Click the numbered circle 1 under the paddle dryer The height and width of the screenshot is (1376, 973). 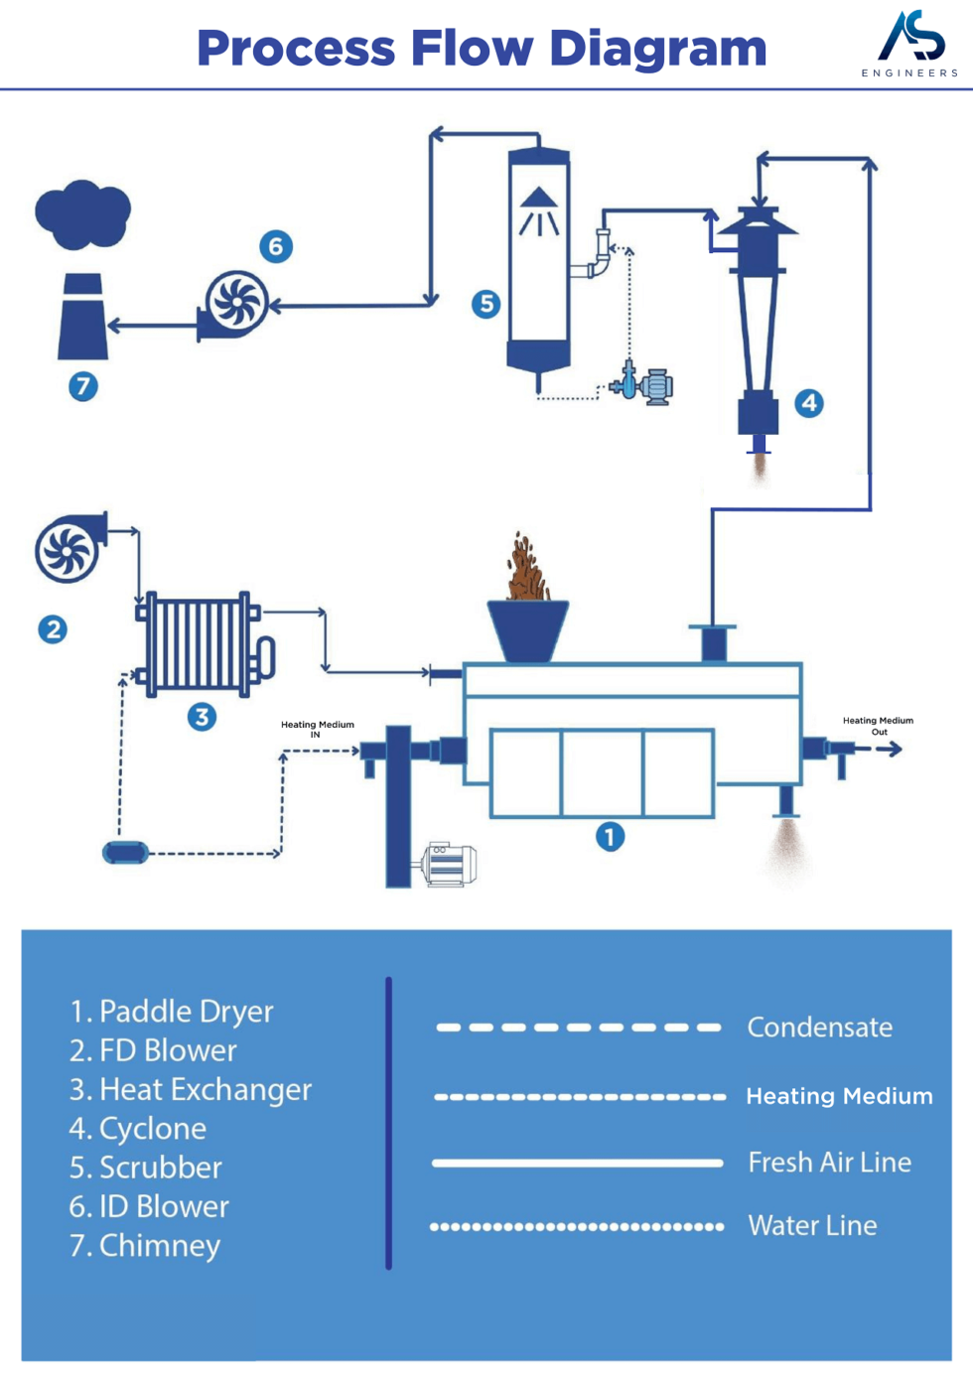coord(610,837)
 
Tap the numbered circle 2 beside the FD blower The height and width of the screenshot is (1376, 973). coord(53,628)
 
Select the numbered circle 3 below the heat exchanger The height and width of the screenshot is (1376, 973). coord(202,717)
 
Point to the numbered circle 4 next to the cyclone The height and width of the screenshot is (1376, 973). coord(809,403)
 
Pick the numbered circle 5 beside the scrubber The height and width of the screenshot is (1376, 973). coord(486,304)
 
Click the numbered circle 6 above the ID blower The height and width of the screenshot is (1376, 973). coord(276,246)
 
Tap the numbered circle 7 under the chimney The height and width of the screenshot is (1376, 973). coord(82,386)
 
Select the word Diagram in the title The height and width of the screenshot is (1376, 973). coord(657,49)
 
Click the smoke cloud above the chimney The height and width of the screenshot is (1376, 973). coord(82,213)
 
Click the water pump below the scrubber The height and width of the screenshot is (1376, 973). coord(643,385)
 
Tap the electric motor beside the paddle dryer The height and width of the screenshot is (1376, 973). coord(449,864)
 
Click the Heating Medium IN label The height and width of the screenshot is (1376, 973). coord(317,729)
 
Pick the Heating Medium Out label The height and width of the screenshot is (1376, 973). coord(878,726)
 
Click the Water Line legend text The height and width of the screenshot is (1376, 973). coord(812,1226)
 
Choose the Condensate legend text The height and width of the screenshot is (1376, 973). coord(819,1028)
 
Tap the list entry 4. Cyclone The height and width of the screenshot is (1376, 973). coord(138,1129)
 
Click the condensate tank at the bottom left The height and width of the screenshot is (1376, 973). coord(126,853)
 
